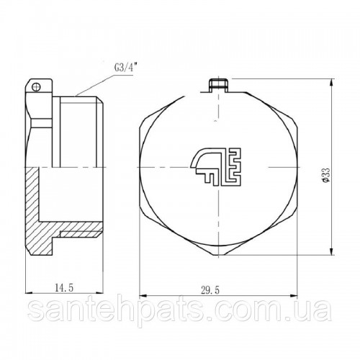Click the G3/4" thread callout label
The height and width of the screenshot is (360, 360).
[123, 68]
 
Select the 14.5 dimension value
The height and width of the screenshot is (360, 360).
[64, 287]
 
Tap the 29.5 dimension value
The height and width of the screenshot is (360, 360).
[210, 291]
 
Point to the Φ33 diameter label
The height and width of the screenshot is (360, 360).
[326, 175]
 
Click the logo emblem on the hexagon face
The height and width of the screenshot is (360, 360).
[215, 166]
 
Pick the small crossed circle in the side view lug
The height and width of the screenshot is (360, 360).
[36, 86]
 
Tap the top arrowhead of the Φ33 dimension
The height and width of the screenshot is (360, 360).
[332, 83]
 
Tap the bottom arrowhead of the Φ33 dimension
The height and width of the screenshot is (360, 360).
[332, 251]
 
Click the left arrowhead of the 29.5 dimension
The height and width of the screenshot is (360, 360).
[143, 296]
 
